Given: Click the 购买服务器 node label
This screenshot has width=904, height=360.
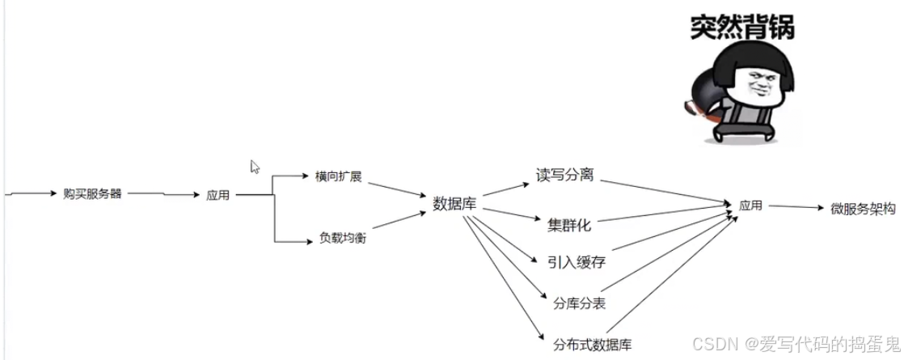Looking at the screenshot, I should (92, 194).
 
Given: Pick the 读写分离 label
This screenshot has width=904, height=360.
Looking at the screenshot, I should (564, 175).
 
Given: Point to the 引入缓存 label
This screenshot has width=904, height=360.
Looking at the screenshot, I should (576, 262).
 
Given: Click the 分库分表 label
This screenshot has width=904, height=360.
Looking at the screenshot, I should (579, 303).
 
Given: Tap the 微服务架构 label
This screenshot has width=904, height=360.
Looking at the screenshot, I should (864, 208).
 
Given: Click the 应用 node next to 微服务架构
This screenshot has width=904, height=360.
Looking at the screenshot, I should (750, 205).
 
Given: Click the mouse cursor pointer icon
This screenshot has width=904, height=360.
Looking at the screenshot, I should (255, 167).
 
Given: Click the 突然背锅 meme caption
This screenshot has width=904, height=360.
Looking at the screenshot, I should (741, 27).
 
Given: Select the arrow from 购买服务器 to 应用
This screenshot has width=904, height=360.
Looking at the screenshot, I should (162, 194).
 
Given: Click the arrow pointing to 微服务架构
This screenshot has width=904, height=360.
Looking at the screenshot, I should (796, 207).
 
